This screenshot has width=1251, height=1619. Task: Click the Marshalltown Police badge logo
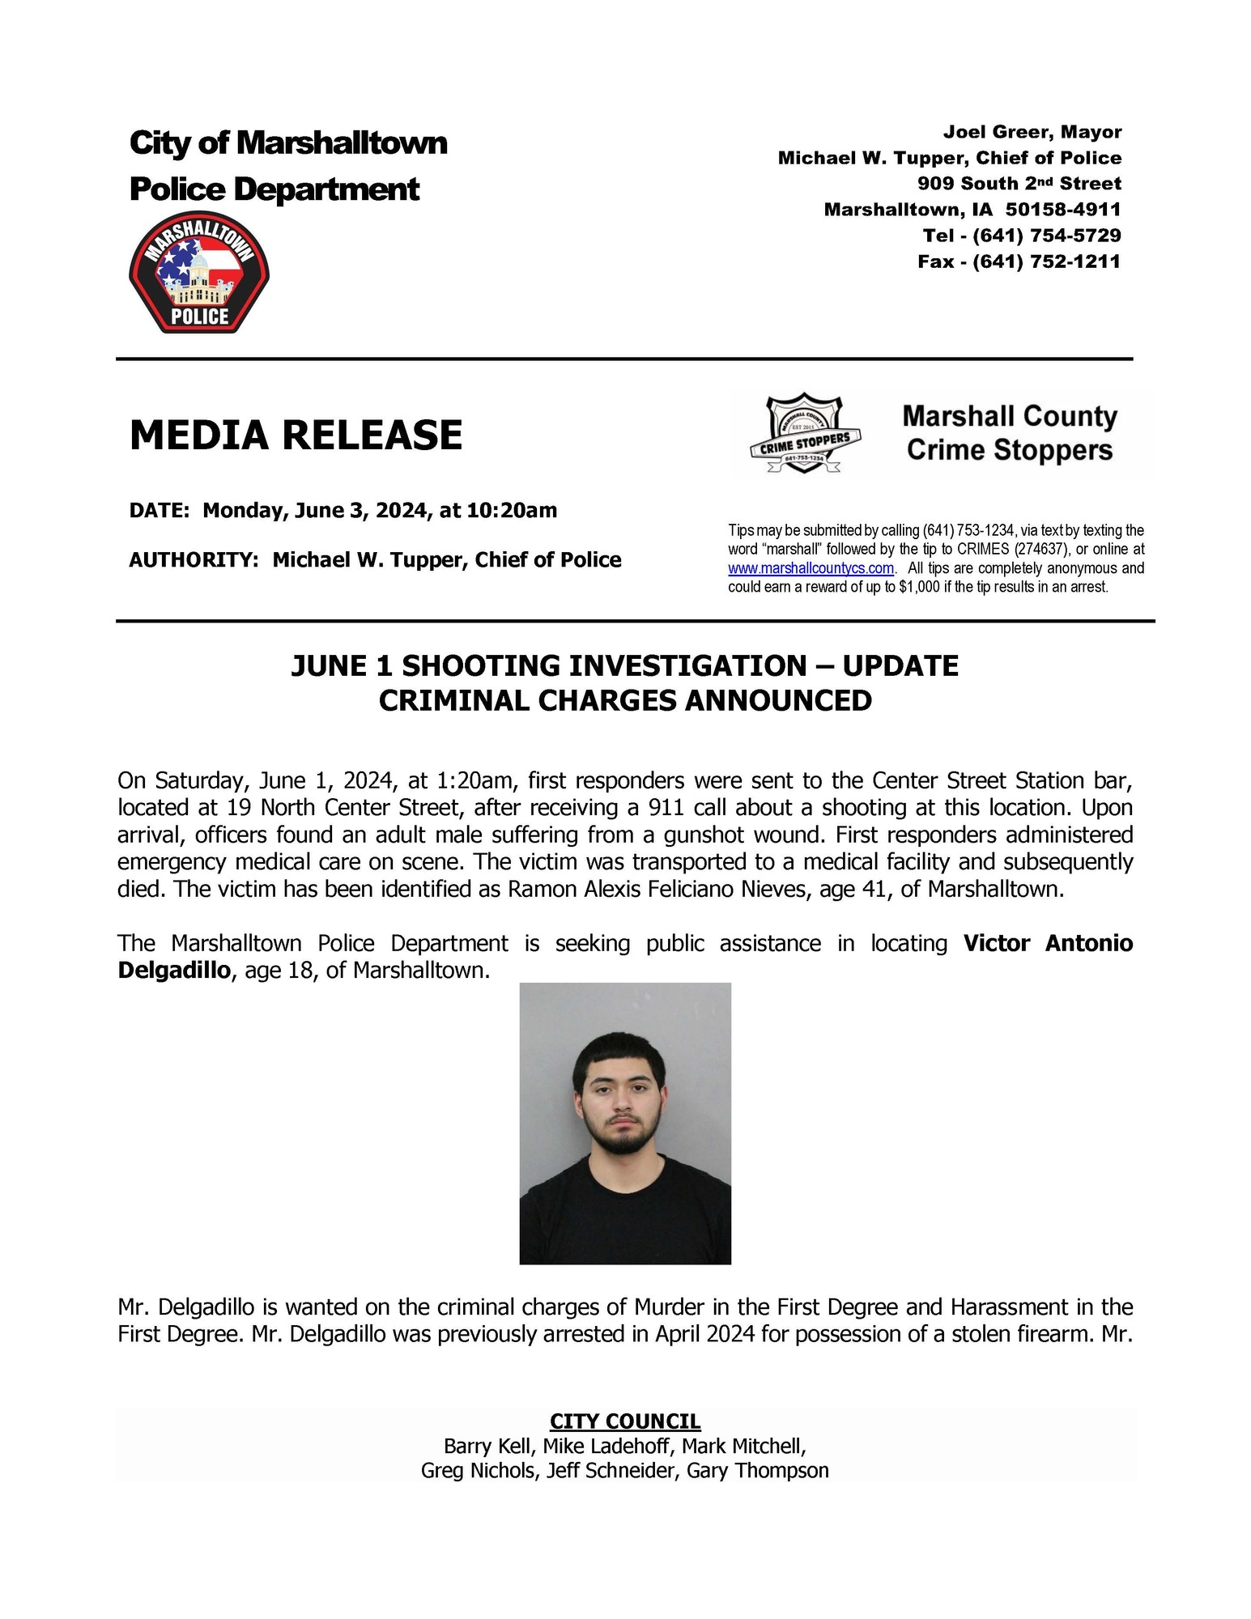coord(199,273)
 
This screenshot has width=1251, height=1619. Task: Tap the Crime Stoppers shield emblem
coord(804,434)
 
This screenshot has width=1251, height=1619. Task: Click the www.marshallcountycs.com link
coord(811,568)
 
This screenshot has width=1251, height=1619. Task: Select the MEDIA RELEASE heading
coord(296,435)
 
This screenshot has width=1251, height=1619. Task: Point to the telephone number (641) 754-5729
coord(1046,236)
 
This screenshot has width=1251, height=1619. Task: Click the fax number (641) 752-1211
coord(1046,261)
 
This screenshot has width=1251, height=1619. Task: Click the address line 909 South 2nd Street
coord(1019,184)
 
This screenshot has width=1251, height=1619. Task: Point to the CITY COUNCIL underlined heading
coord(625,1421)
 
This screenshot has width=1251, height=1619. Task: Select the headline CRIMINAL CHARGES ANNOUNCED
coord(625,700)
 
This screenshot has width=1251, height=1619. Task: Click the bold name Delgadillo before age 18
coord(174,970)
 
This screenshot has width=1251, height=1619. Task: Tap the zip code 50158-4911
coord(1062,210)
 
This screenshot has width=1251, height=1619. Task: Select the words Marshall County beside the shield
coord(1009,416)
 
